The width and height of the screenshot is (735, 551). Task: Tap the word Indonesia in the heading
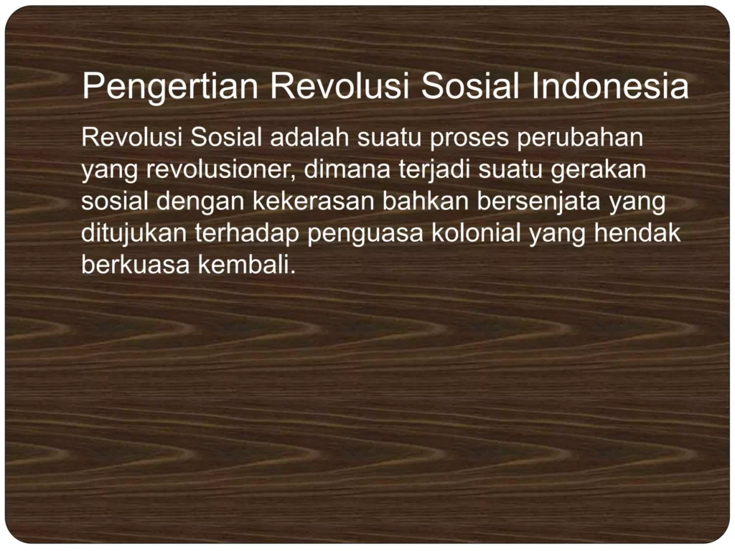(x=610, y=87)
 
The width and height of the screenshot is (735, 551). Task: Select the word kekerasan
(x=314, y=202)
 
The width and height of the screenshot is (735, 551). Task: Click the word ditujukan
(x=134, y=234)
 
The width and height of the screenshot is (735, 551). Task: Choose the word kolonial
(x=477, y=234)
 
